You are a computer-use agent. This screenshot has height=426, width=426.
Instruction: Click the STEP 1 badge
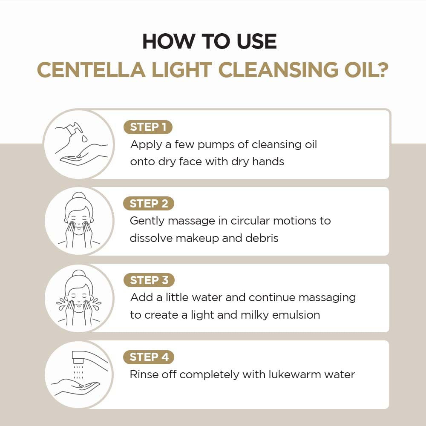[148, 127]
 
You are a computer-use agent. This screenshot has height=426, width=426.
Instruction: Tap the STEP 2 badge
[149, 204]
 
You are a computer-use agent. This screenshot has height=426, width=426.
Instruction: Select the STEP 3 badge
[149, 280]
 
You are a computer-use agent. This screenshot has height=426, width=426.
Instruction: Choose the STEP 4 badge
[149, 357]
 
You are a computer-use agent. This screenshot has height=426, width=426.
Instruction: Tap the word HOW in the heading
[164, 41]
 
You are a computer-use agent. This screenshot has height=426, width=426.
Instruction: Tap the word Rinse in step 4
[143, 374]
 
